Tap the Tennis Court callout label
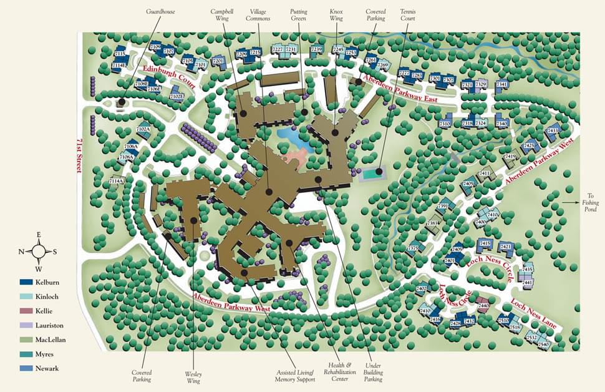pos(409,15)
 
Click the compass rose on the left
pos(38,252)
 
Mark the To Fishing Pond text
pos(591,202)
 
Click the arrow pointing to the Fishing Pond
pos(571,202)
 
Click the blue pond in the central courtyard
pos(293,138)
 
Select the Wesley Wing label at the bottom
pos(193,377)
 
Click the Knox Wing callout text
pos(336,15)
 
